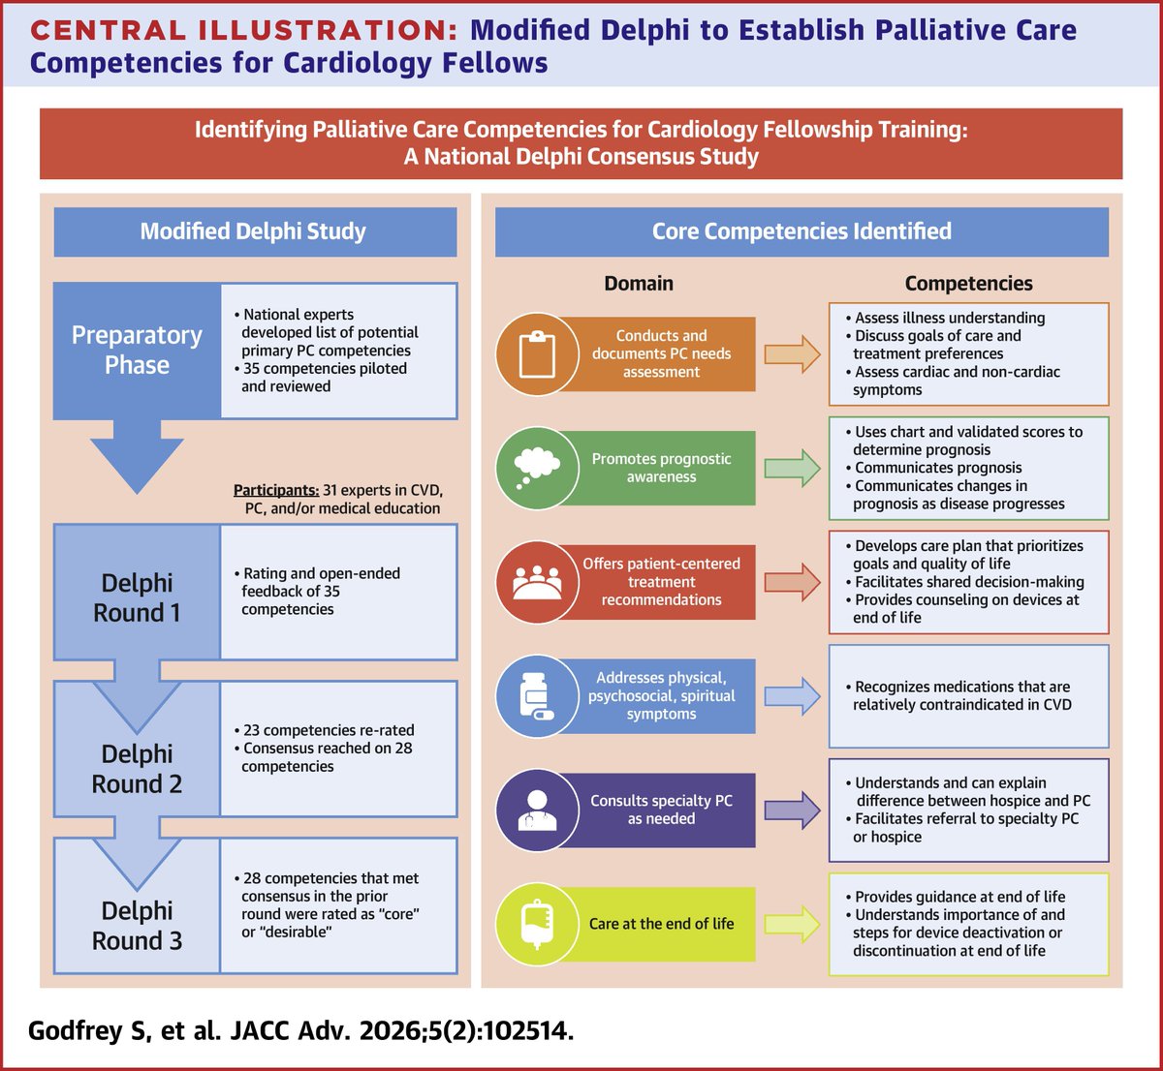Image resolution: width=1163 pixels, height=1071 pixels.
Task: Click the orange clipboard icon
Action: click(536, 353)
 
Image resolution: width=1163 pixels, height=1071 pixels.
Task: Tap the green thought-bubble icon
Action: click(536, 468)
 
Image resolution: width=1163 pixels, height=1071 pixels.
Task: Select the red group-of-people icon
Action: click(536, 582)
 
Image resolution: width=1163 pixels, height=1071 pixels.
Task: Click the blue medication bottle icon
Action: click(536, 696)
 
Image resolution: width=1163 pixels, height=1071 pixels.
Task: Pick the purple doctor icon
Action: click(536, 810)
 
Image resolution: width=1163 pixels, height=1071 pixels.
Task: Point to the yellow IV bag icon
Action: click(536, 924)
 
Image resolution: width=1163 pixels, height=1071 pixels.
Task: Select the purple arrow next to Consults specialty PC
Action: click(792, 810)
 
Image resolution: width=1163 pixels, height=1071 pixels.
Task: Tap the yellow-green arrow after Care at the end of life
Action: click(792, 924)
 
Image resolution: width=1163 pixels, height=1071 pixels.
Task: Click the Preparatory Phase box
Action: click(137, 351)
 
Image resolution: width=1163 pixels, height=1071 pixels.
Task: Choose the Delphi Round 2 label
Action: click(137, 769)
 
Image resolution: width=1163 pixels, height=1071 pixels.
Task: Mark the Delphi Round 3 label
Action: click(137, 926)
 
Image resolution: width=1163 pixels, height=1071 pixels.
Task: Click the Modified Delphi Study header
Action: click(254, 231)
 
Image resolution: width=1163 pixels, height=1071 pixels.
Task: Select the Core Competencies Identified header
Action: click(802, 231)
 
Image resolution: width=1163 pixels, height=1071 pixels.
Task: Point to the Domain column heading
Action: click(638, 284)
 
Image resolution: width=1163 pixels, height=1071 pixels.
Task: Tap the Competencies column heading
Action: click(968, 284)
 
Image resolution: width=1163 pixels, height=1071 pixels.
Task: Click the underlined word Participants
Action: click(276, 490)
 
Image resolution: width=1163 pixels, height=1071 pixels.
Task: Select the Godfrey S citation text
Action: click(300, 1030)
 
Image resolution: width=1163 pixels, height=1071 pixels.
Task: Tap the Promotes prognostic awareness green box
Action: click(661, 468)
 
